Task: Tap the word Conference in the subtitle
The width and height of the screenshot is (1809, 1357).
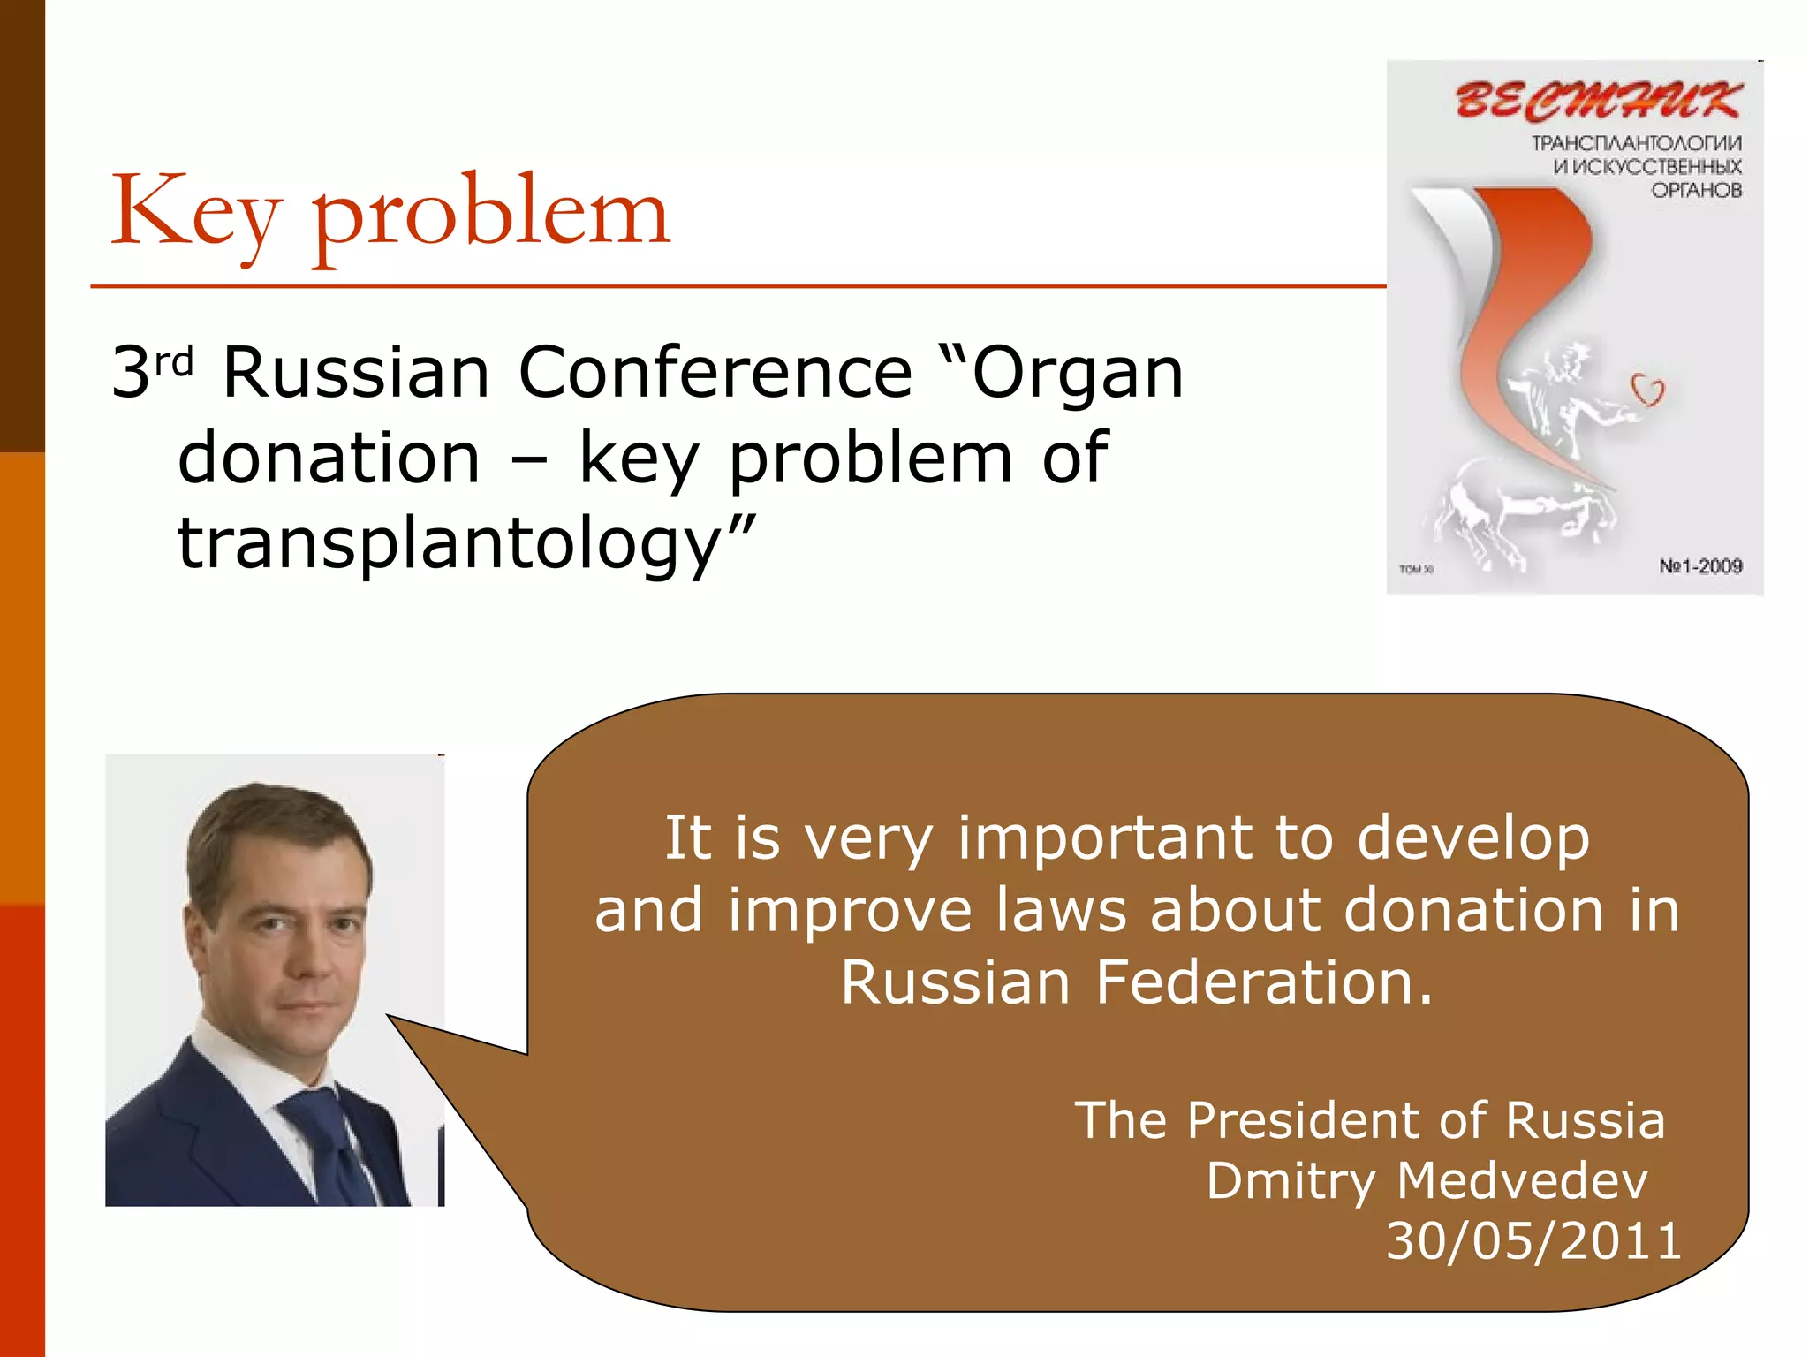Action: (x=715, y=372)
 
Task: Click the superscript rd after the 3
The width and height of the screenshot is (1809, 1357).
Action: (x=174, y=362)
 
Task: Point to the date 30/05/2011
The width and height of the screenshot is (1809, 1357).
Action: (x=1533, y=1240)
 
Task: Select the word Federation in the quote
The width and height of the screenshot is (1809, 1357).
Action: (x=1263, y=982)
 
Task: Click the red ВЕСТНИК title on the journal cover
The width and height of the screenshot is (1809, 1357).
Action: (x=1599, y=99)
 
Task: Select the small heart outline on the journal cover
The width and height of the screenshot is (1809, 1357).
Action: (x=1647, y=390)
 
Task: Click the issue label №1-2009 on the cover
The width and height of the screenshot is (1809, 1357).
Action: (x=1699, y=566)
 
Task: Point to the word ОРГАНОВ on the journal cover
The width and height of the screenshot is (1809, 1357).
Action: (x=1696, y=190)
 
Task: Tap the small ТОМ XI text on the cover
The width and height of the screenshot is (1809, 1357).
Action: (x=1416, y=569)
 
